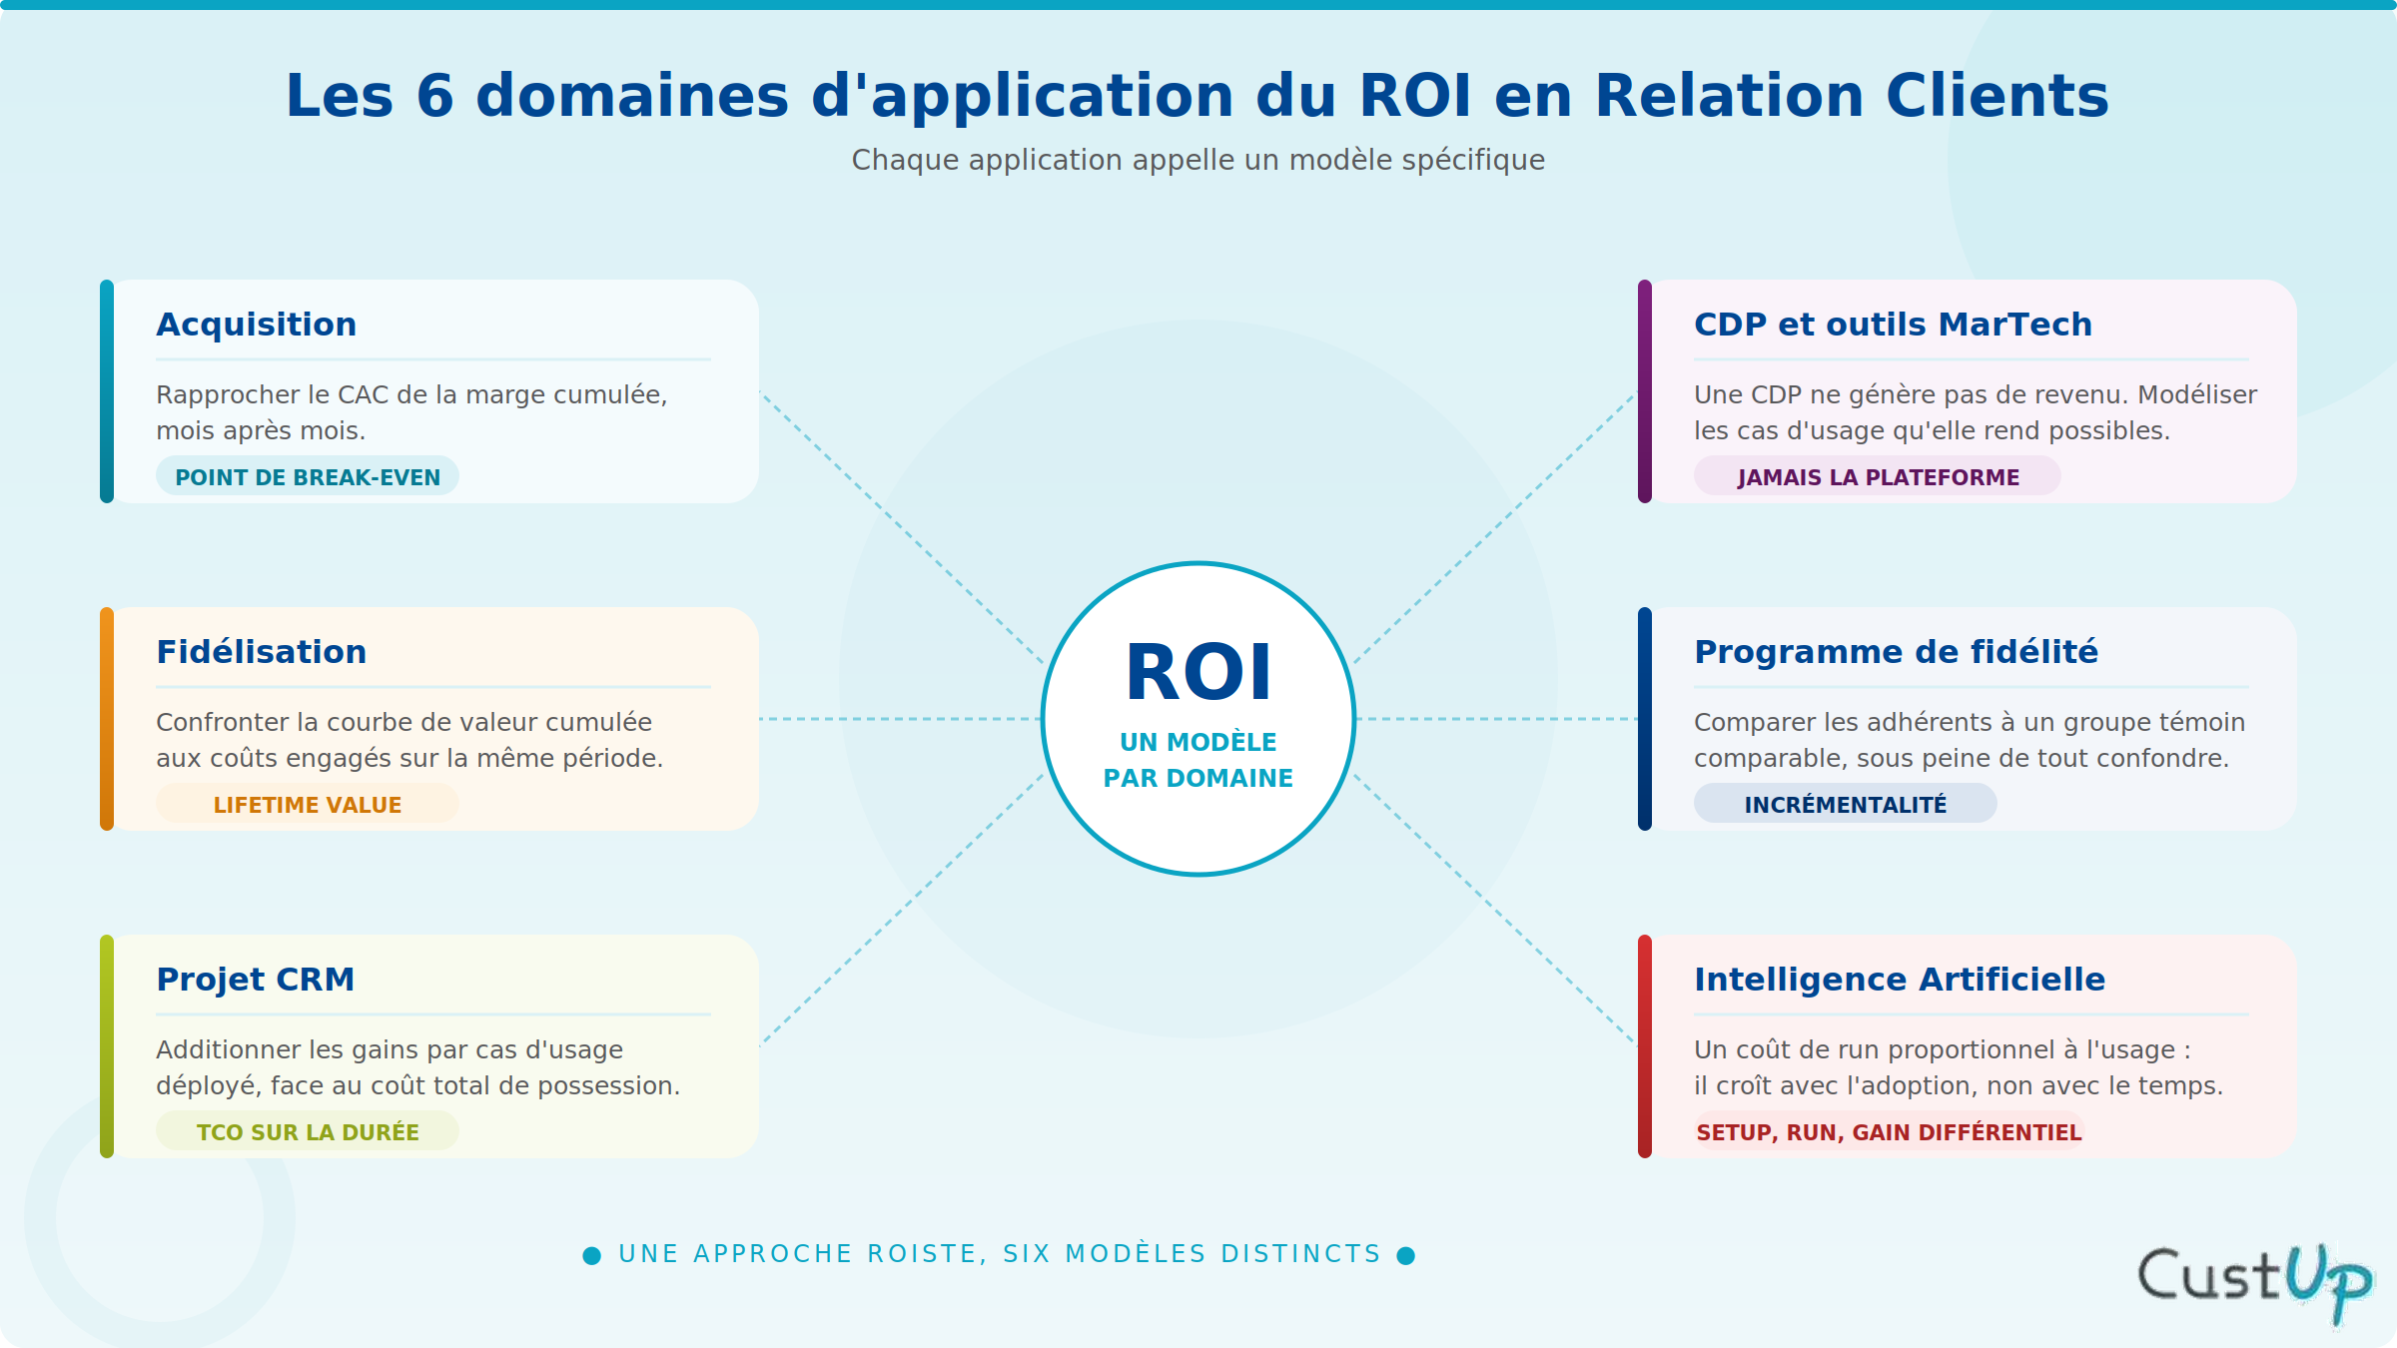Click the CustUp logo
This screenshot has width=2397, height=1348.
point(2254,1283)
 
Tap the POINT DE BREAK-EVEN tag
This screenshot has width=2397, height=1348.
point(308,476)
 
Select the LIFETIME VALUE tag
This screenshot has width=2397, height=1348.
point(308,804)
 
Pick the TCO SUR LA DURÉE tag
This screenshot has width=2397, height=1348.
point(308,1131)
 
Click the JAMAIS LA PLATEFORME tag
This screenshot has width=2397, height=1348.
point(1878,476)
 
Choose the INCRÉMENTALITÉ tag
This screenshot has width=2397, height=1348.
point(1846,804)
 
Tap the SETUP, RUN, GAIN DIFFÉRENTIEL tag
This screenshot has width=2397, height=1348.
point(1889,1131)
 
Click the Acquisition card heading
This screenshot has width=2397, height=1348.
point(257,325)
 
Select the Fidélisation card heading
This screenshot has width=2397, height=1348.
point(262,652)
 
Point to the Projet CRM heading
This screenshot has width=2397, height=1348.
point(256,980)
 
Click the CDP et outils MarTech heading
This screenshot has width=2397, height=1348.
point(1893,325)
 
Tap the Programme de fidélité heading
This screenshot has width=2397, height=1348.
point(1897,652)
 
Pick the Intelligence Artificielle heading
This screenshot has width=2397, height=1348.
point(1900,980)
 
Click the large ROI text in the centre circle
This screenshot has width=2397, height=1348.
point(1198,673)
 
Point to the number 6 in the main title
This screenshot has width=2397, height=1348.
point(435,96)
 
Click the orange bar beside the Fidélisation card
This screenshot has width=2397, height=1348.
point(107,719)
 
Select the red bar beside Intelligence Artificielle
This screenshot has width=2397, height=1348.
point(1645,1046)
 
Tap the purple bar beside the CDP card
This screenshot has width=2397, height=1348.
point(1645,391)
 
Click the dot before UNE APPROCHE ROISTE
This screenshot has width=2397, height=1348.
point(592,1255)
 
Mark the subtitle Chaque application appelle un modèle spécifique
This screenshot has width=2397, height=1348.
point(1198,160)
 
